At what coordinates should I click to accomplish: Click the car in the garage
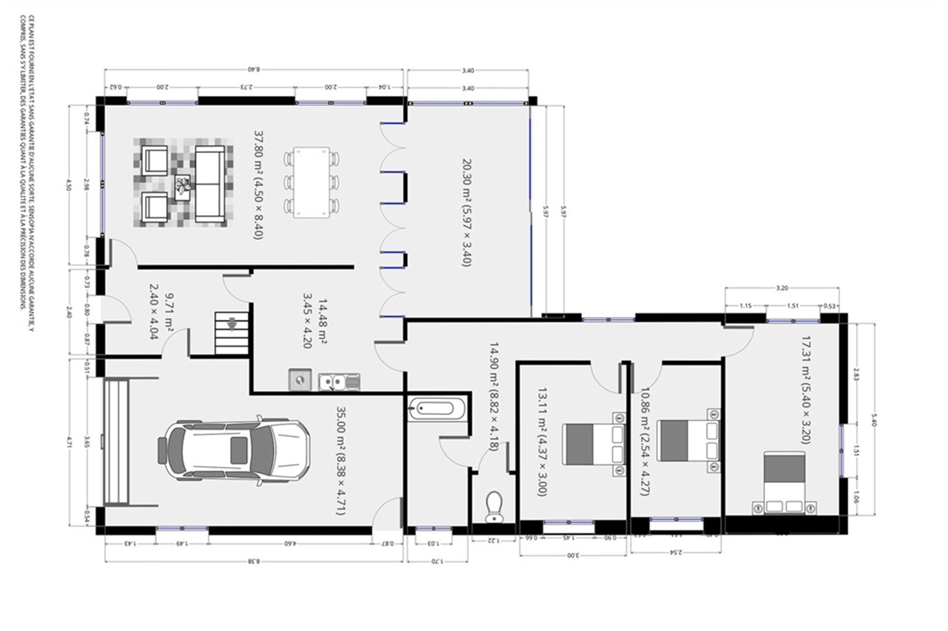(x=234, y=450)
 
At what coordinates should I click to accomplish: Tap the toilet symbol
(x=494, y=507)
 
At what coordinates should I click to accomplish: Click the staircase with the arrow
(x=232, y=333)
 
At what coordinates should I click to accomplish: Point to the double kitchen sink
(x=339, y=381)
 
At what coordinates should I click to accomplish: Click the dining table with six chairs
(x=311, y=182)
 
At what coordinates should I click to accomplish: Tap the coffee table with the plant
(x=183, y=187)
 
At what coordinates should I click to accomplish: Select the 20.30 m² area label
(x=466, y=212)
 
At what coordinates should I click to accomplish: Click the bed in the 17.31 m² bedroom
(x=784, y=483)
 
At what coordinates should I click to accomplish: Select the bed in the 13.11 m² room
(x=593, y=444)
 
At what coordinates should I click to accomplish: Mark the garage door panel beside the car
(x=117, y=442)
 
